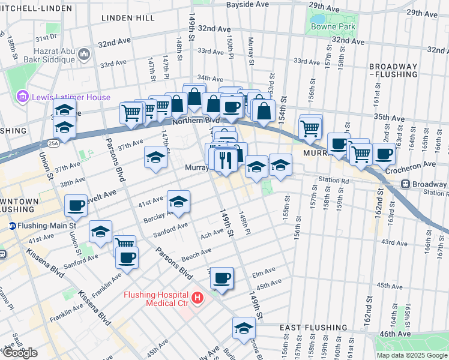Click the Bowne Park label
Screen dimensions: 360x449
click(333, 26)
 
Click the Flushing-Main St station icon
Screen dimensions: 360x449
click(12, 226)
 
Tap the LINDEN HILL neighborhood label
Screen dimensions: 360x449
click(128, 19)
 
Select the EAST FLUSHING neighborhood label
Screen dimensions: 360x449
click(313, 328)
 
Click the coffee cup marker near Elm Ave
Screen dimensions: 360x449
click(221, 278)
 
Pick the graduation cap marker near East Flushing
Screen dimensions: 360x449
click(244, 328)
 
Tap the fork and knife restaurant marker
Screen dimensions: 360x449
click(225, 160)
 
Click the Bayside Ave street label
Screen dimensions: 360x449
click(247, 4)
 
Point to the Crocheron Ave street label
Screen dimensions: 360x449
click(411, 164)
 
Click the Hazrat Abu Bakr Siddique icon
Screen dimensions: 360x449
click(83, 55)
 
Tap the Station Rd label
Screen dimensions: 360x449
click(334, 179)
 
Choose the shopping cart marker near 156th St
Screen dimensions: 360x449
click(310, 128)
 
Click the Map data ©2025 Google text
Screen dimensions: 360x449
click(411, 355)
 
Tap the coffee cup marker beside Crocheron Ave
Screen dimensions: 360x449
click(384, 153)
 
